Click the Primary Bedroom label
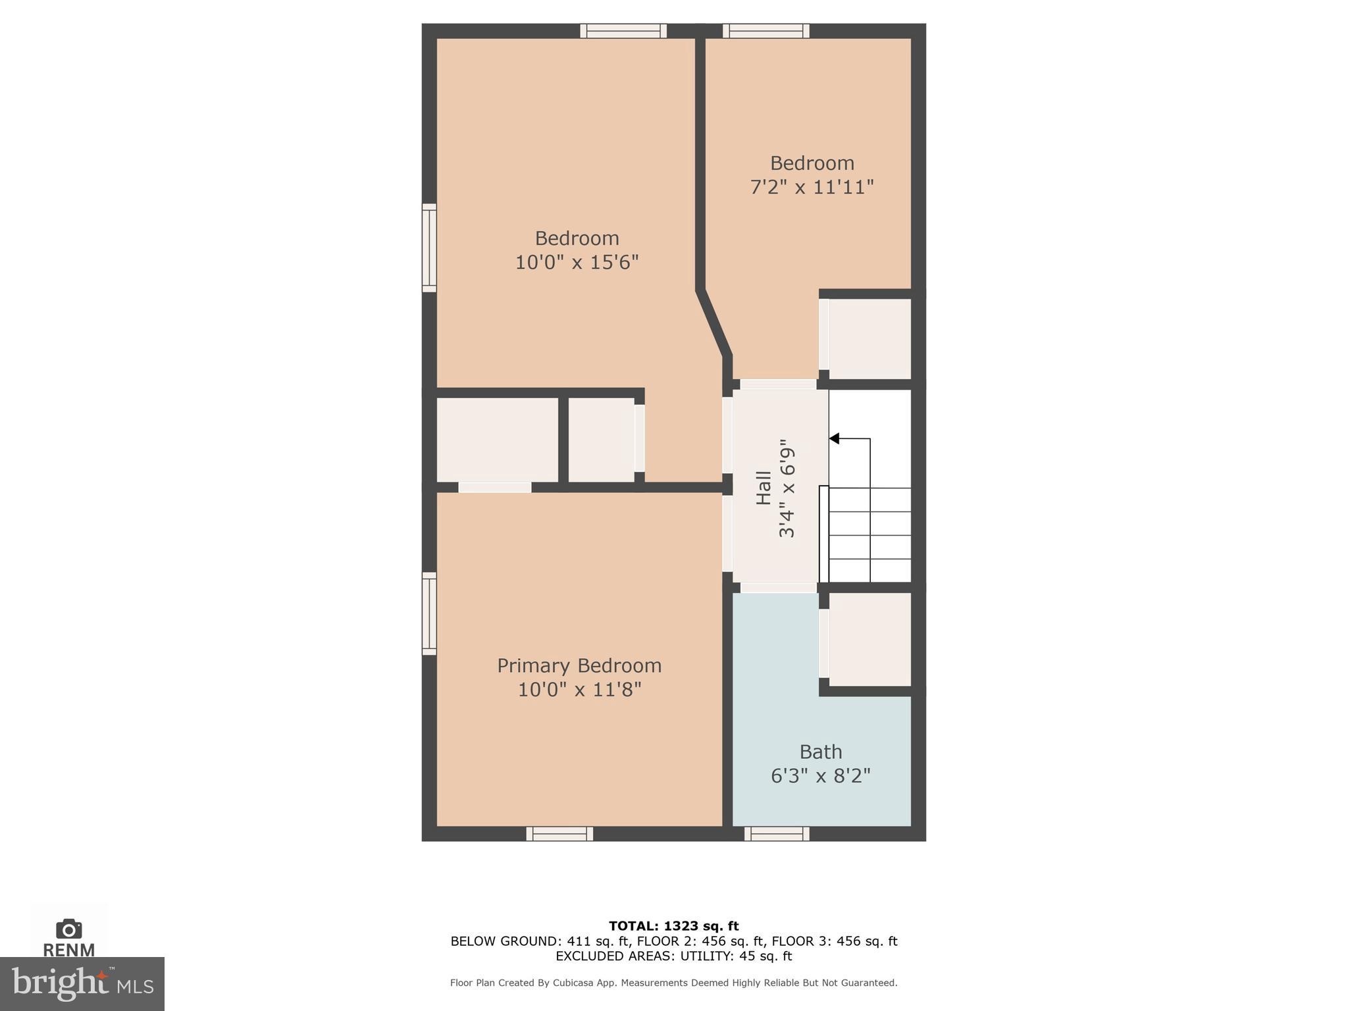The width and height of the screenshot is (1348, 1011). click(579, 665)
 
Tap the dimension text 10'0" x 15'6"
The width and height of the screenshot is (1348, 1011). click(577, 263)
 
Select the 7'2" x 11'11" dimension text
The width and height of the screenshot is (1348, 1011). click(812, 188)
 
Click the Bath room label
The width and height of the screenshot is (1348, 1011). click(820, 752)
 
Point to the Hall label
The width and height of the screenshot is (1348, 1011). click(764, 488)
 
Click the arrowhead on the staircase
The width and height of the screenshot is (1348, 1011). click(834, 438)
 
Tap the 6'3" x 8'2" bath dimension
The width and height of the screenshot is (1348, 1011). click(820, 776)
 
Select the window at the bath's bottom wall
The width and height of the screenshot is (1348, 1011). click(777, 834)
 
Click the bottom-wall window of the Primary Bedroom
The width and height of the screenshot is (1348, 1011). click(559, 834)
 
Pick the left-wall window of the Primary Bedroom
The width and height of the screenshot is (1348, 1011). click(429, 613)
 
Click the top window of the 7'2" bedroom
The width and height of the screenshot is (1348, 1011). click(766, 31)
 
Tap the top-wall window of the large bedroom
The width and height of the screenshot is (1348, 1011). click(623, 31)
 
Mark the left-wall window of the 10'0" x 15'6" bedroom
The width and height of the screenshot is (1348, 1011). click(429, 248)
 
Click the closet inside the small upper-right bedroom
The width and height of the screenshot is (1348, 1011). click(869, 339)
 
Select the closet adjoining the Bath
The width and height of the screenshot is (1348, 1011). click(869, 639)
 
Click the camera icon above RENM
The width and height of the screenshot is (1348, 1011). click(69, 929)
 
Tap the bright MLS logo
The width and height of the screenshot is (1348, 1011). click(82, 983)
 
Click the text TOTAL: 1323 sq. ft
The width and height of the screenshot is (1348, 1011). click(673, 926)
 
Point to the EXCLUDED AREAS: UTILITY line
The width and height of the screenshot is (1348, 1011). click(673, 956)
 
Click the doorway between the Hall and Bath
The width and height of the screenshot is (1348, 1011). click(779, 587)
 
